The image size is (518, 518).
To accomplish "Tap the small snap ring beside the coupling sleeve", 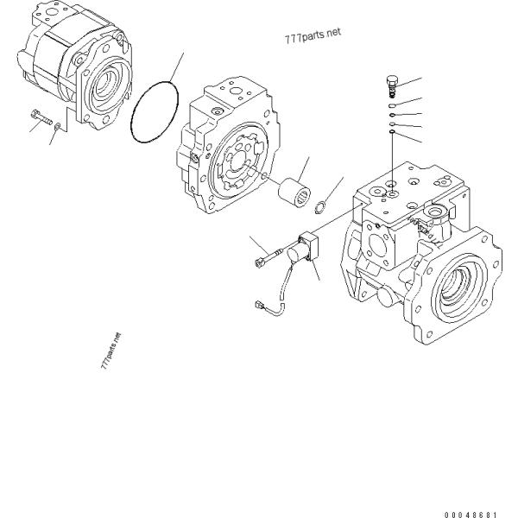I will tap(319, 205).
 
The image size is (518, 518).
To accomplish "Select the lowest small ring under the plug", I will tap(391, 133).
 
